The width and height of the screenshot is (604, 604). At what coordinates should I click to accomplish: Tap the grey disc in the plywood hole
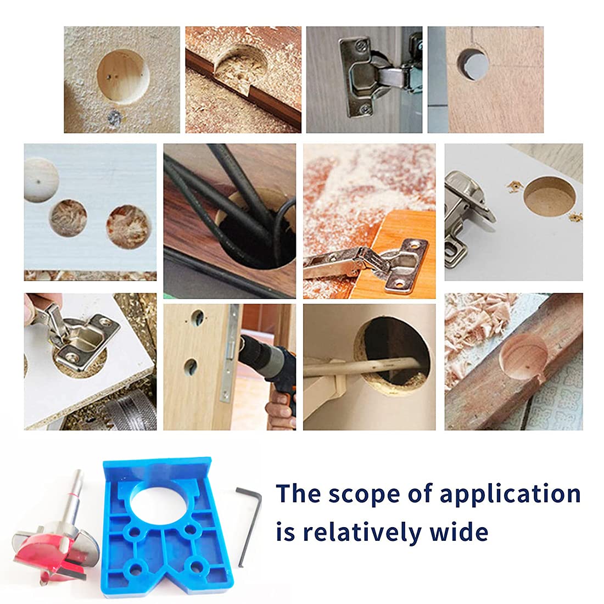[x=473, y=64]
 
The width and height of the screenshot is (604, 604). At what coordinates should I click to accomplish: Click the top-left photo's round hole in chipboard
[x=122, y=75]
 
